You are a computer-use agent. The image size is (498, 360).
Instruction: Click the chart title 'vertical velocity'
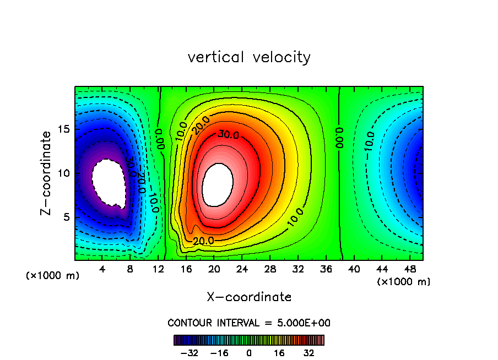[x=249, y=57]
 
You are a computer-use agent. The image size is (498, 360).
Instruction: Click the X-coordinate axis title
[x=249, y=297]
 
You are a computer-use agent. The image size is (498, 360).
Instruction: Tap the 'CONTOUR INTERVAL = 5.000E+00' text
[x=249, y=323]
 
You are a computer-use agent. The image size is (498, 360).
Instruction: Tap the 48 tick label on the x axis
[x=409, y=269]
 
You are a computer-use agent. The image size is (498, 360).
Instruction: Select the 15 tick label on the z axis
[x=64, y=129]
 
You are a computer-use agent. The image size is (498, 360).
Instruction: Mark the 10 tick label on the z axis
[x=64, y=173]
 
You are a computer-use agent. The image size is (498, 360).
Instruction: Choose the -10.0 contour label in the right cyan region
[x=369, y=141]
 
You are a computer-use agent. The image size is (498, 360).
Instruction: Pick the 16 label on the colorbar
[x=279, y=353]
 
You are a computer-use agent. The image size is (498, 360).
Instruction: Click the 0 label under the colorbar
[x=249, y=353]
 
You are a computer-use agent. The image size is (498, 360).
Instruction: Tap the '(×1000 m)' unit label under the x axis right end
[x=404, y=282]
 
